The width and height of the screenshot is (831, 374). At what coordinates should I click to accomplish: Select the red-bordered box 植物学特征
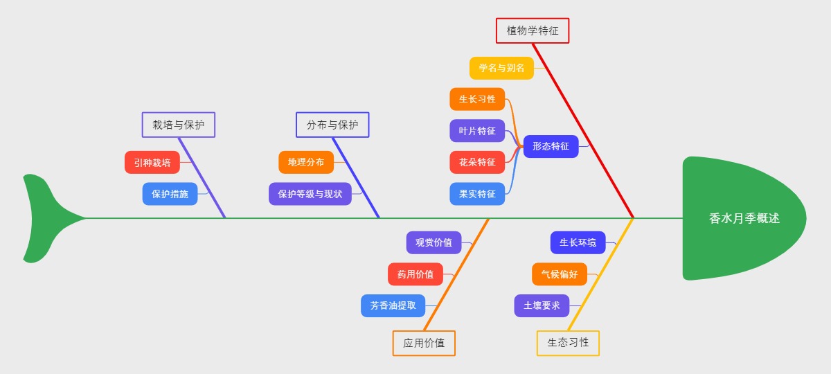(x=532, y=30)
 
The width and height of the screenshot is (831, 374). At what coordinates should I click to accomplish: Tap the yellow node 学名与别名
(x=501, y=68)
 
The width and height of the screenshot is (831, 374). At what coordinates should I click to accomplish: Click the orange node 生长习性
(x=477, y=99)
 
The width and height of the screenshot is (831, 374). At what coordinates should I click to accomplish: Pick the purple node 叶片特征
(x=477, y=131)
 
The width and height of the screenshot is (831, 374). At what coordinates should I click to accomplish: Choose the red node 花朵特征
(x=477, y=162)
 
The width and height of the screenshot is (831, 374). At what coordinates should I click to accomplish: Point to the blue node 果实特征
(x=477, y=194)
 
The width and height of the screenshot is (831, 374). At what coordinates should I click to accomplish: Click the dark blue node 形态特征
(x=551, y=146)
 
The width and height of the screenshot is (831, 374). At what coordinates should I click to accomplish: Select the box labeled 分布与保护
(x=332, y=125)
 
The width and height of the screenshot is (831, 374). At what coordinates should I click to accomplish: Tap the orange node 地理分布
(x=306, y=162)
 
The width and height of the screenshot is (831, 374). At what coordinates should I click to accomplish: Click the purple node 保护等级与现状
(x=310, y=194)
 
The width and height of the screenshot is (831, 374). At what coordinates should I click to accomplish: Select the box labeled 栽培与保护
(x=179, y=125)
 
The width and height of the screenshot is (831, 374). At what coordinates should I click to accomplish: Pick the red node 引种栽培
(x=152, y=163)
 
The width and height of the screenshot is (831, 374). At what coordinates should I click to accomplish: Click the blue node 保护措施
(x=170, y=194)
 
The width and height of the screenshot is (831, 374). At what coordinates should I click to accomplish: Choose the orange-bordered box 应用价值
(x=424, y=343)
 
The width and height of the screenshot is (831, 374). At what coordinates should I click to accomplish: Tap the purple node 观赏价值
(x=434, y=242)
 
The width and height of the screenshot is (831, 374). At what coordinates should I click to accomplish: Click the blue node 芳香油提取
(x=393, y=305)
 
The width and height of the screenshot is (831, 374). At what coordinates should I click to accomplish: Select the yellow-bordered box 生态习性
(x=568, y=343)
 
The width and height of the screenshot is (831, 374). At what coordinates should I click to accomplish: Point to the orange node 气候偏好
(x=559, y=274)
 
